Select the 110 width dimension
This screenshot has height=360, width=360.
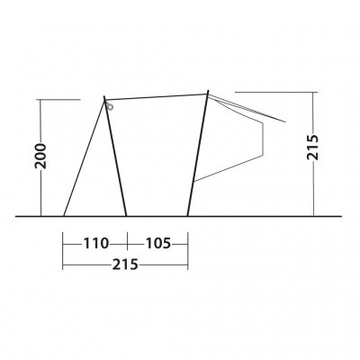pyautogui.click(x=95, y=243)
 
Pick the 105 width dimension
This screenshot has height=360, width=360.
pyautogui.click(x=157, y=243)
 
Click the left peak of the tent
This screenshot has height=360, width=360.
pyautogui.click(x=104, y=97)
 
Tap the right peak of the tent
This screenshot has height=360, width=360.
pyautogui.click(x=208, y=91)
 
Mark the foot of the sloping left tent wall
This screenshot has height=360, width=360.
pyautogui.click(x=64, y=216)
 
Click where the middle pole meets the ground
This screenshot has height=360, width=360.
pyautogui.click(x=126, y=216)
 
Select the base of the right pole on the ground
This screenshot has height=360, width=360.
pyautogui.click(x=187, y=216)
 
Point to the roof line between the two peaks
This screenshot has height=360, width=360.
pyautogui.click(x=157, y=94)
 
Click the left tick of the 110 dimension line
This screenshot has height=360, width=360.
pyautogui.click(x=64, y=243)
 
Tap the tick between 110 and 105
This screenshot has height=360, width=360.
pyautogui.click(x=126, y=243)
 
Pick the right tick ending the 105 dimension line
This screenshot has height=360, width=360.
pyautogui.click(x=187, y=243)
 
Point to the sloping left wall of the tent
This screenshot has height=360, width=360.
pyautogui.click(x=84, y=157)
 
